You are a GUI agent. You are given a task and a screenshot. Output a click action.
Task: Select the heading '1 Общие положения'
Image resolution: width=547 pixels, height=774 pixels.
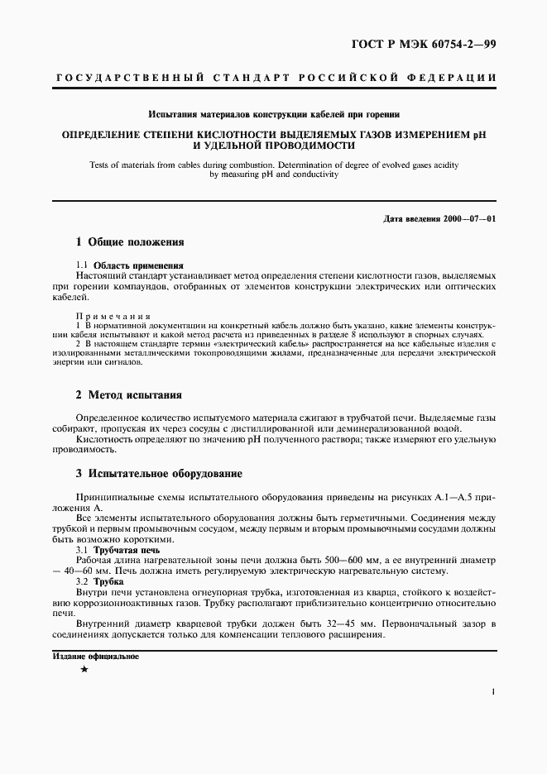pyautogui.click(x=129, y=243)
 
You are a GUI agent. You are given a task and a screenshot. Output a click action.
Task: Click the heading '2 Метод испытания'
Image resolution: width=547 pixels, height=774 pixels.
pyautogui.click(x=128, y=395)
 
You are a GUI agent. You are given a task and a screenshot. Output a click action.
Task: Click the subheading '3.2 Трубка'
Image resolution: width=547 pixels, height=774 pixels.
pyautogui.click(x=106, y=582)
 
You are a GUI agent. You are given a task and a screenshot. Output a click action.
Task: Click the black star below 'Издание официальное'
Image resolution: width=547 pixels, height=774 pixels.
pyautogui.click(x=84, y=668)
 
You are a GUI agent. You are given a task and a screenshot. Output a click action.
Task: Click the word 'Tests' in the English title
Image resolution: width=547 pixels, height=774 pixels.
pyautogui.click(x=103, y=165)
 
